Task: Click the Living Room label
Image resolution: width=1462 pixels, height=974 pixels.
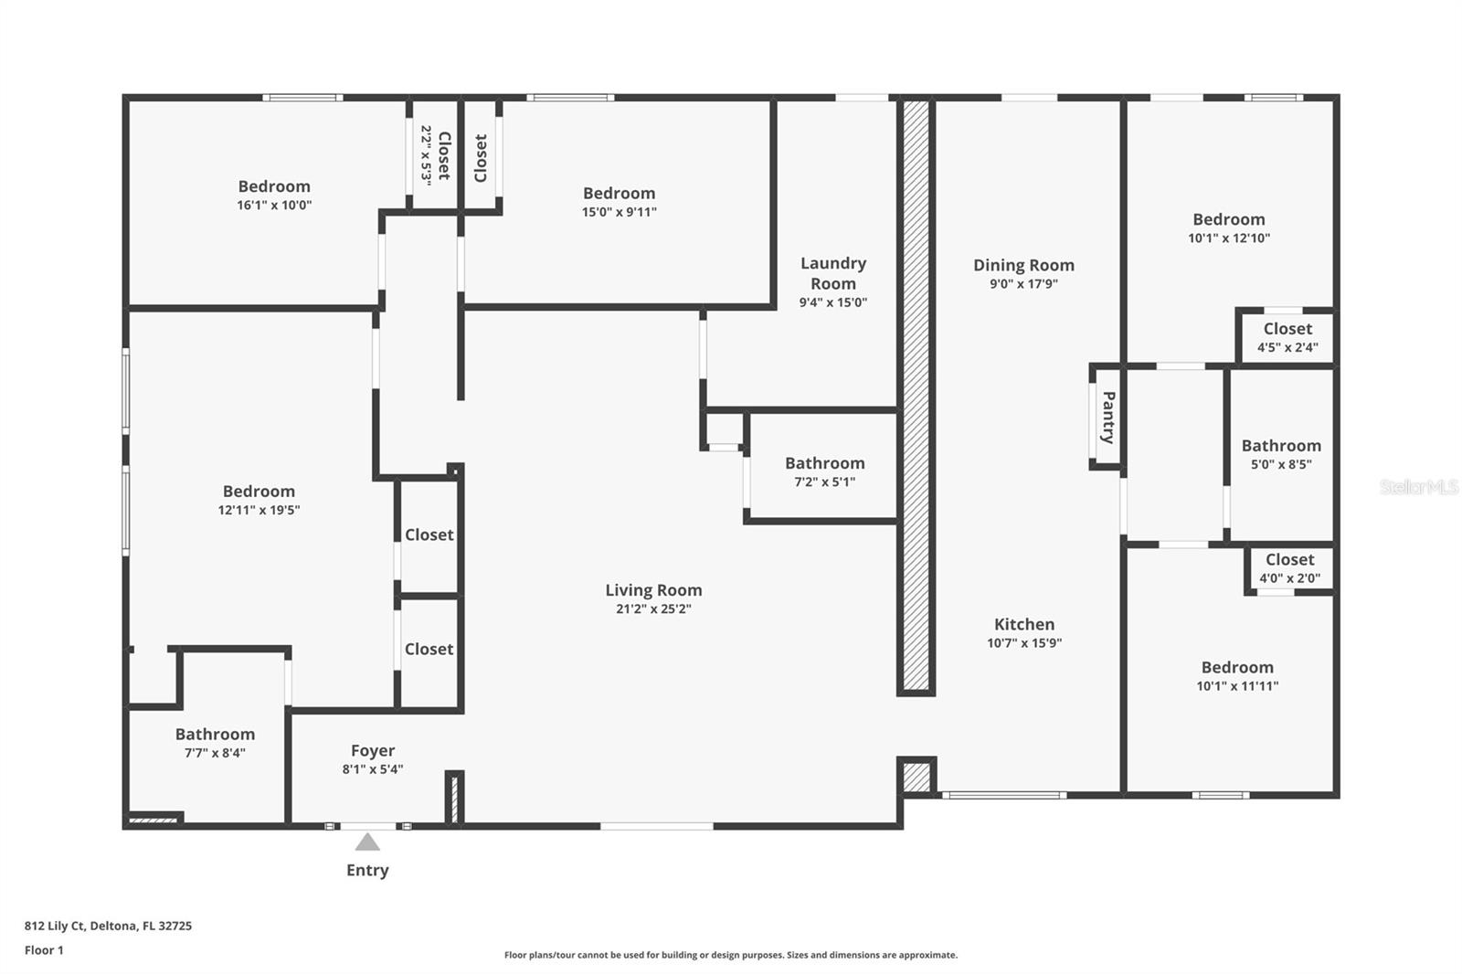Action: [x=653, y=590]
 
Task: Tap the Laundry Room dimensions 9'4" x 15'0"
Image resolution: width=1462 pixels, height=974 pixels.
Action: [x=832, y=302]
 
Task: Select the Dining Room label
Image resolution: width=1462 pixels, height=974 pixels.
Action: [x=1023, y=265]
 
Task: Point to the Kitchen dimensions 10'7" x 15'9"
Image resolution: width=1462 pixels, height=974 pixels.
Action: [x=1024, y=643]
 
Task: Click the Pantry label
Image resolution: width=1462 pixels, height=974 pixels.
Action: [x=1108, y=418]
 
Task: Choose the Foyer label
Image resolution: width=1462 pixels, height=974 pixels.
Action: [x=373, y=751]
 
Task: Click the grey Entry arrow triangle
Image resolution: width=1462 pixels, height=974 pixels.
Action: [x=367, y=842]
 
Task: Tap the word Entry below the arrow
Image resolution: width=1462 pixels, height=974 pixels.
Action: [x=367, y=870]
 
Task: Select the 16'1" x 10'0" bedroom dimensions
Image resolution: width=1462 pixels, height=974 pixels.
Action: [x=274, y=205]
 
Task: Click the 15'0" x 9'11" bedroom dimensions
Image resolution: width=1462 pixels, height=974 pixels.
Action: [x=619, y=211]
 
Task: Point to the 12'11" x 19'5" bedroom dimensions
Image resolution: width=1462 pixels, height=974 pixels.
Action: [x=259, y=510]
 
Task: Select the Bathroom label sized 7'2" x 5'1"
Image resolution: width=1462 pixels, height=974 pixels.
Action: [x=824, y=463]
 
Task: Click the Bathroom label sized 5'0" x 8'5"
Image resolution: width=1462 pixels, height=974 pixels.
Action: [x=1281, y=446]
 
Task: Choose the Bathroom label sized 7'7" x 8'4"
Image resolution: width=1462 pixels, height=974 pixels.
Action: [x=215, y=735]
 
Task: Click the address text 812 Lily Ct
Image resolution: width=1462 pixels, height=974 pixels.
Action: [x=54, y=926]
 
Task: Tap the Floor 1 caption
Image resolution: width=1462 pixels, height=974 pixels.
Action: [x=44, y=950]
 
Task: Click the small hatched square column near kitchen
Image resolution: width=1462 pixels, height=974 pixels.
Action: [x=916, y=777]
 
